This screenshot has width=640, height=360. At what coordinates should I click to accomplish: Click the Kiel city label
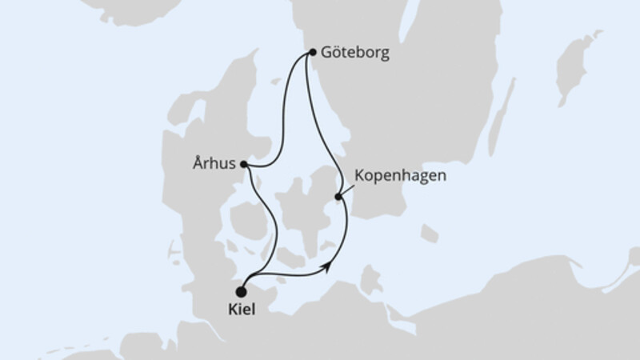click(242, 310)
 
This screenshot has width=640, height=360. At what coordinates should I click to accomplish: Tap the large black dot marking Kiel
click(242, 293)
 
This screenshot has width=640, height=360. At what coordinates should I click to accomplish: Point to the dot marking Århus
click(243, 166)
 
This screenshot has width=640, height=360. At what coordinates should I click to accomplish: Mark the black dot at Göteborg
click(312, 54)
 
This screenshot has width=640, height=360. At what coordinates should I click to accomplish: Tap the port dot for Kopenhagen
click(339, 196)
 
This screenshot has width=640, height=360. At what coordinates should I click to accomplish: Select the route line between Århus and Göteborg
click(285, 120)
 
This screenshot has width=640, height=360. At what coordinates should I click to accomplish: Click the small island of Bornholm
click(430, 234)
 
